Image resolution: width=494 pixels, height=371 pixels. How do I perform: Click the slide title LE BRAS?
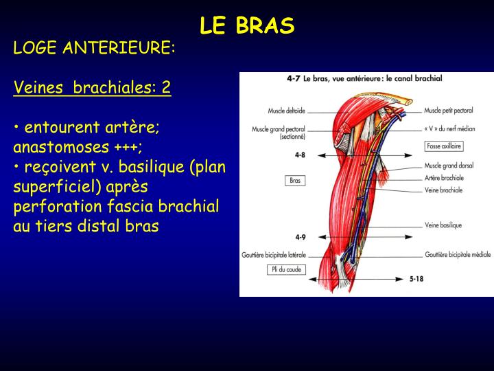pyautogui.click(x=247, y=25)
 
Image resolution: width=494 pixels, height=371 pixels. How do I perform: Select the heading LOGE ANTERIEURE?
pyautogui.click(x=95, y=48)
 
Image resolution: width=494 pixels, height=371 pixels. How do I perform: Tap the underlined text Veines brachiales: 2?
pyautogui.click(x=92, y=88)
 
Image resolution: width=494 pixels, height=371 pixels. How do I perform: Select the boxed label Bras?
pyautogui.click(x=295, y=181)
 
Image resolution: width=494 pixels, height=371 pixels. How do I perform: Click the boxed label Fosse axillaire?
pyautogui.click(x=444, y=146)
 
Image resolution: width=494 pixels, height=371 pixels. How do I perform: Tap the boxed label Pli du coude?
pyautogui.click(x=285, y=269)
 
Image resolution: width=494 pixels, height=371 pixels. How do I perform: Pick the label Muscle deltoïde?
pyautogui.click(x=287, y=110)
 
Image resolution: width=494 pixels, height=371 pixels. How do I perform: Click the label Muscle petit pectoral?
pyautogui.click(x=454, y=110)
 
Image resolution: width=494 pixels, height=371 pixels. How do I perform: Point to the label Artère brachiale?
pyautogui.click(x=444, y=177)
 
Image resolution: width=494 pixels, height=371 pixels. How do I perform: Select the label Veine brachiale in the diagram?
pyautogui.click(x=443, y=190)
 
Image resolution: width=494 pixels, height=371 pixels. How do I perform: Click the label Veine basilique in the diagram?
pyautogui.click(x=443, y=225)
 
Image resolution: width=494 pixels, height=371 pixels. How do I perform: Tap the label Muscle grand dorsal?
pyautogui.click(x=450, y=166)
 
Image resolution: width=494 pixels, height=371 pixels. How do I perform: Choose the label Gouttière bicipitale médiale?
pyautogui.click(x=458, y=254)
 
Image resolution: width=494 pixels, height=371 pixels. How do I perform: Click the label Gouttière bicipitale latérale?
pyautogui.click(x=273, y=254)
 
